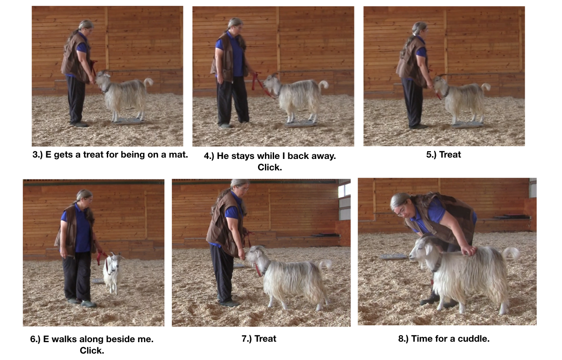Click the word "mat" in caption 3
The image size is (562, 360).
pyautogui.click(x=176, y=154)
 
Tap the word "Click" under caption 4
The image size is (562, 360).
pyautogui.click(x=269, y=168)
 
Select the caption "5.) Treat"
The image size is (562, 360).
pyautogui.click(x=443, y=154)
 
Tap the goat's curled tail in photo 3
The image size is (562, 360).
pyautogui.click(x=149, y=82)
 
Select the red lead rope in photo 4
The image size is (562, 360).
pyautogui.click(x=260, y=83)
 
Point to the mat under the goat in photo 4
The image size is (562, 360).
pyautogui.click(x=300, y=124)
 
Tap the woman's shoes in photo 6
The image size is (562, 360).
pyautogui.click(x=82, y=303)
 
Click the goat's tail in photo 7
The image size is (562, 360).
pyautogui.click(x=325, y=264)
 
